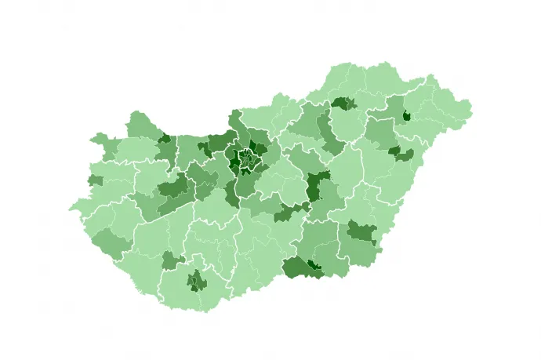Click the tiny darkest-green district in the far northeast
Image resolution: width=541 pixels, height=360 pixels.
coord(406,116)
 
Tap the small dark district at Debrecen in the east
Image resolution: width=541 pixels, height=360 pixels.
coord(394,151)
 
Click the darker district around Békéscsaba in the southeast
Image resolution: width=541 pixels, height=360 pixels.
coord(361,231)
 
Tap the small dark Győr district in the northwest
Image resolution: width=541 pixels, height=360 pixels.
coord(165,139)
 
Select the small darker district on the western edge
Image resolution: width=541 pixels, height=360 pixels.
coord(95,180)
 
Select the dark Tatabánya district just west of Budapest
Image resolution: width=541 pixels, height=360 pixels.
coord(209,147)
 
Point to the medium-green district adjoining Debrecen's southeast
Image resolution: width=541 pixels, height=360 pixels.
coord(405,156)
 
